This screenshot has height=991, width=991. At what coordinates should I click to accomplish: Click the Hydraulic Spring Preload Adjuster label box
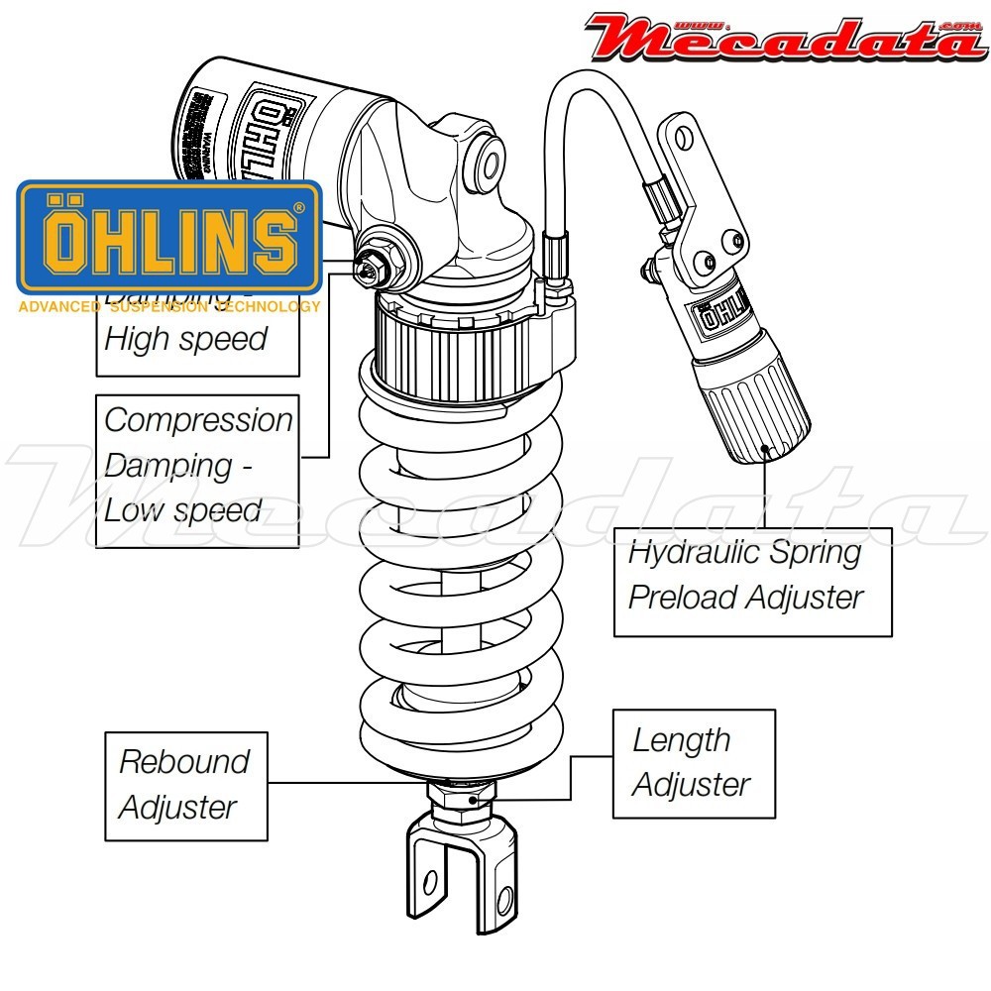[752, 581]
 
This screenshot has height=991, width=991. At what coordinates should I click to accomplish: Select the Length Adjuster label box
[693, 762]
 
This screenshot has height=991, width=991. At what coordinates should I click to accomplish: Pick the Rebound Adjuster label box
[185, 784]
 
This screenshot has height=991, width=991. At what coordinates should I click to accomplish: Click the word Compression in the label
[198, 419]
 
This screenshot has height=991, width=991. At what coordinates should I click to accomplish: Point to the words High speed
[185, 339]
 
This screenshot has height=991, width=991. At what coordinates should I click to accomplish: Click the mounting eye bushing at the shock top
[487, 158]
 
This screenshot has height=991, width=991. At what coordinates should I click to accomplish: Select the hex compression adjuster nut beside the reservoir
[374, 265]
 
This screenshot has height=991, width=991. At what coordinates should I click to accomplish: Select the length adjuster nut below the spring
[461, 798]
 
